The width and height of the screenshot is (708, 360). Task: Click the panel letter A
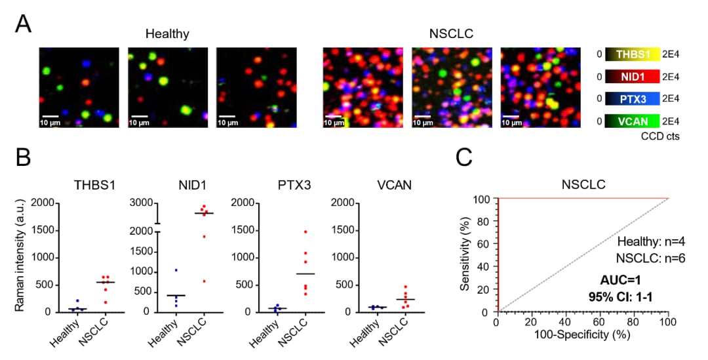coord(24,24)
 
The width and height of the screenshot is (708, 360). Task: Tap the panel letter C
coord(464,157)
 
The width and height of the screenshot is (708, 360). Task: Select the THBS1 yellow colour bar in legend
coord(633,54)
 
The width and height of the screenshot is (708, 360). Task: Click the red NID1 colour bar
coord(633,77)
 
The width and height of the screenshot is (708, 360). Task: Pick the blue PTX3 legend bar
coord(633,98)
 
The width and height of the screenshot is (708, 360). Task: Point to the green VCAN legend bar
coord(633,121)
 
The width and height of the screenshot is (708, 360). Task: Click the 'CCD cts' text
coord(660,136)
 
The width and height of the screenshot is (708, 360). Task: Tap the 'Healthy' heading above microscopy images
coord(167,34)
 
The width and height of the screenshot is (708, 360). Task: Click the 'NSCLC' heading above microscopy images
coord(451,34)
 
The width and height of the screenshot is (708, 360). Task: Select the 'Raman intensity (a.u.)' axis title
coord(20,256)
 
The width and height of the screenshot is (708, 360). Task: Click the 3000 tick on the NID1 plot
coord(142,203)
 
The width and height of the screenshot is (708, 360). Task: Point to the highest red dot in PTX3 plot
coord(305,231)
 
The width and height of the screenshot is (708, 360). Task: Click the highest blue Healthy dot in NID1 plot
coord(176,270)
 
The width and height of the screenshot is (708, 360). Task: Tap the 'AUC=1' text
coord(620,281)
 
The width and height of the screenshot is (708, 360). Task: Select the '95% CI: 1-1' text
coord(620,297)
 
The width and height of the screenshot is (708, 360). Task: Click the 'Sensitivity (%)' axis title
coord(465,254)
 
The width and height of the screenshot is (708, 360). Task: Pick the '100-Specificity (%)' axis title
coord(582,334)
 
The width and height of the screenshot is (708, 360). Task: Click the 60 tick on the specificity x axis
coord(599,321)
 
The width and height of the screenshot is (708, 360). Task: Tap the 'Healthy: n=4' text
coord(651,242)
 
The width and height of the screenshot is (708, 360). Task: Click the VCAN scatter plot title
coord(394,185)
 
